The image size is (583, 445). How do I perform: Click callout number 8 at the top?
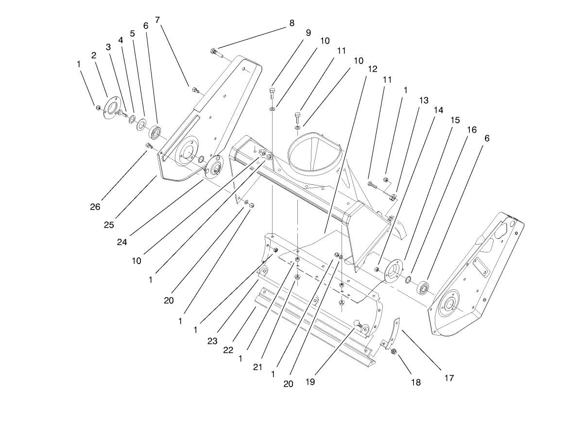pos(291,23)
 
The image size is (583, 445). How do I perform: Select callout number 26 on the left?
pos(95,207)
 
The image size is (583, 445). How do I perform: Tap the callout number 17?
pos(449,377)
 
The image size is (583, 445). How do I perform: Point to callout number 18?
pos(416,382)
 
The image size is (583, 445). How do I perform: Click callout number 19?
pos(310,382)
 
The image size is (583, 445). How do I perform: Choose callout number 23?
pos(212,341)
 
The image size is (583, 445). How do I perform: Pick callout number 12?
pos(373,70)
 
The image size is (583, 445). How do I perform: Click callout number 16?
pos(472,130)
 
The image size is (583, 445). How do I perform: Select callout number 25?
pos(109,225)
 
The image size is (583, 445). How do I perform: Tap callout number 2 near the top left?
pos(94,55)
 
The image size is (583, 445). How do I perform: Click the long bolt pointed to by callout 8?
pos(217,53)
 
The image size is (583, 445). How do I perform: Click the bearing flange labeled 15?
pos(393,271)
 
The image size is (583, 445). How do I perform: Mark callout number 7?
pos(157,20)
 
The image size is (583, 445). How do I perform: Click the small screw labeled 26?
pos(149,145)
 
